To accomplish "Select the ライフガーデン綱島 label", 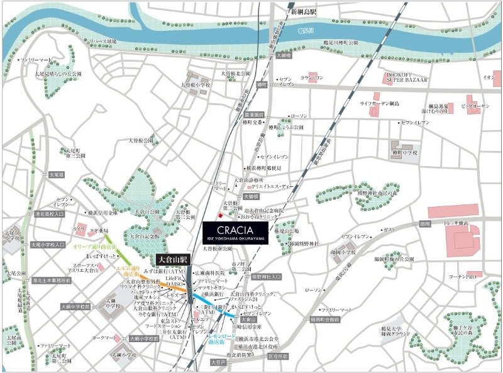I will point(381,102).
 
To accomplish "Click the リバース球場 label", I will point(103,42).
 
